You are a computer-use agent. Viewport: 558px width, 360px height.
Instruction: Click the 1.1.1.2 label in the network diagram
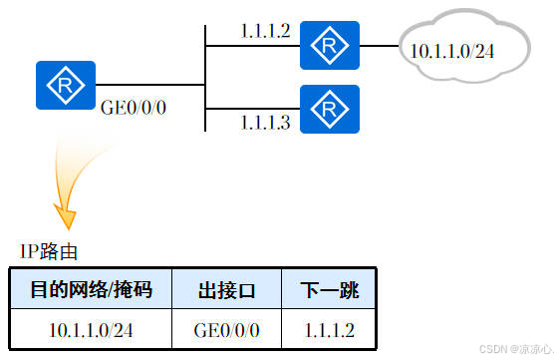(x=265, y=31)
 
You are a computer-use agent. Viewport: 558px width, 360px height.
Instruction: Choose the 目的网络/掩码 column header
(x=91, y=290)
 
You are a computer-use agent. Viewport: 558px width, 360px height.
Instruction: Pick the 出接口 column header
(x=227, y=290)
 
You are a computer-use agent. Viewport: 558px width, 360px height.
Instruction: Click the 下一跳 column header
(x=330, y=290)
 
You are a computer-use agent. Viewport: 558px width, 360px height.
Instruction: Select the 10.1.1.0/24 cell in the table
(x=91, y=327)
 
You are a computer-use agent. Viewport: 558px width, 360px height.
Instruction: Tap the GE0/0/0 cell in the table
(x=227, y=327)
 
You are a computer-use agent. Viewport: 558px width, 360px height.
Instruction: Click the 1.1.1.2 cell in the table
(x=330, y=327)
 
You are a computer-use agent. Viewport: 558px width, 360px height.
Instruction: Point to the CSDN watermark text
(x=514, y=350)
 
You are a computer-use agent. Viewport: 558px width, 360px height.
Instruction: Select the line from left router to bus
(x=149, y=85)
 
